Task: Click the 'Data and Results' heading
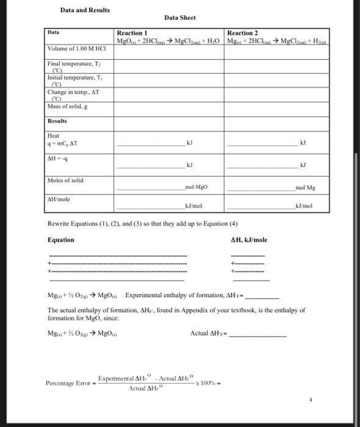coord(85,10)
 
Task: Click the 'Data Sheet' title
coord(180,19)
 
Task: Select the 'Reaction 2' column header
coord(242,33)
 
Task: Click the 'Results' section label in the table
coord(58,121)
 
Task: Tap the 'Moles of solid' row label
coord(66,180)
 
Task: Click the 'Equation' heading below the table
coord(61,240)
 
